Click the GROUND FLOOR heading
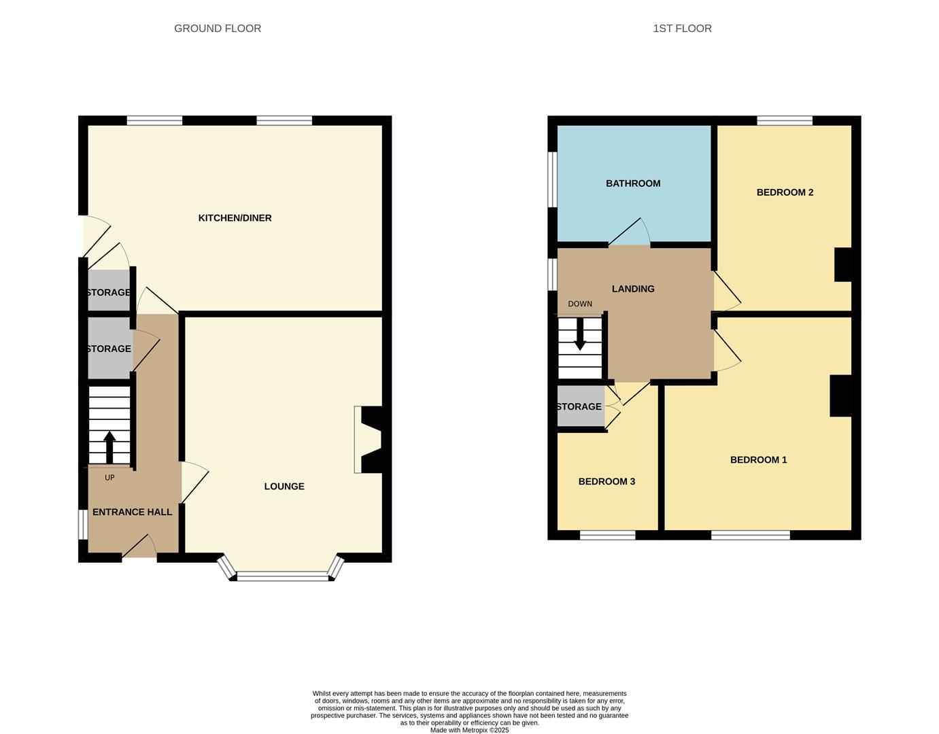click(x=218, y=29)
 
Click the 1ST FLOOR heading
click(x=682, y=29)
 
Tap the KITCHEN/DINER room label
click(x=235, y=218)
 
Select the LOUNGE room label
click(x=284, y=487)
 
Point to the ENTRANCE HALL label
click(x=132, y=512)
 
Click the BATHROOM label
click(x=633, y=183)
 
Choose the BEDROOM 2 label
click(x=785, y=192)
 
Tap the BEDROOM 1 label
click(x=758, y=460)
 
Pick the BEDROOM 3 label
click(x=607, y=482)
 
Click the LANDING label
click(x=633, y=289)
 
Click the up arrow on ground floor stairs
click(x=109, y=447)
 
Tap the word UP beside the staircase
click(x=109, y=478)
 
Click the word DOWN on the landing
click(x=580, y=304)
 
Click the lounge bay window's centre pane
click(x=282, y=578)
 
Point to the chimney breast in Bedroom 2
click(x=842, y=264)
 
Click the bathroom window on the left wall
click(x=553, y=179)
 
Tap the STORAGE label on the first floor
click(x=579, y=407)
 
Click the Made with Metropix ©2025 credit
click(x=469, y=730)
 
